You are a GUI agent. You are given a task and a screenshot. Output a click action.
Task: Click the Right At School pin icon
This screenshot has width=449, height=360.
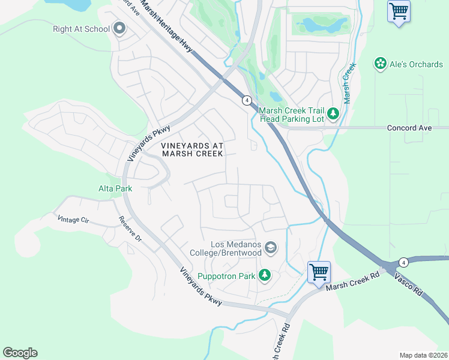(119, 29)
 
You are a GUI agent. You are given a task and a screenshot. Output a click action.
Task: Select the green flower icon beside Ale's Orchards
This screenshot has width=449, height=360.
(380, 64)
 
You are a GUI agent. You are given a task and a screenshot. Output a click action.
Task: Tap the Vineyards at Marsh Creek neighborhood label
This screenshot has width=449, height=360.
(192, 149)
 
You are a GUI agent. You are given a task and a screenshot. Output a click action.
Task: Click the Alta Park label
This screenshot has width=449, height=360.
(115, 188)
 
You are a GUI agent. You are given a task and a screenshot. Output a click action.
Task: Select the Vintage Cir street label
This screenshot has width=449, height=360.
(73, 220)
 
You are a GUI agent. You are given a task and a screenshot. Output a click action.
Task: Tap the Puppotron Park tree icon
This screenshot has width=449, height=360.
(264, 276)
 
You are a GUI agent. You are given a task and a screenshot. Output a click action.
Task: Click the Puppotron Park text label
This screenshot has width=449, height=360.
(227, 276)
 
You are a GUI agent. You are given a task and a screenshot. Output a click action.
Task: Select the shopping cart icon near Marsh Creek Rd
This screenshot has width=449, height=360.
(319, 272)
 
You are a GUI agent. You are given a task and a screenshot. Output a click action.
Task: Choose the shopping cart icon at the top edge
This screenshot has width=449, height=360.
(399, 11)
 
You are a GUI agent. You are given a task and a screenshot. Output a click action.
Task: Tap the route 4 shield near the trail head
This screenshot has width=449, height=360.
(247, 100)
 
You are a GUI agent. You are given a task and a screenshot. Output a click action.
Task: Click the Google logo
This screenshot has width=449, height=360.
(20, 353)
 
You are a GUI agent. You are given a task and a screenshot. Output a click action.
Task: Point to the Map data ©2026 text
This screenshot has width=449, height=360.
(423, 355)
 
